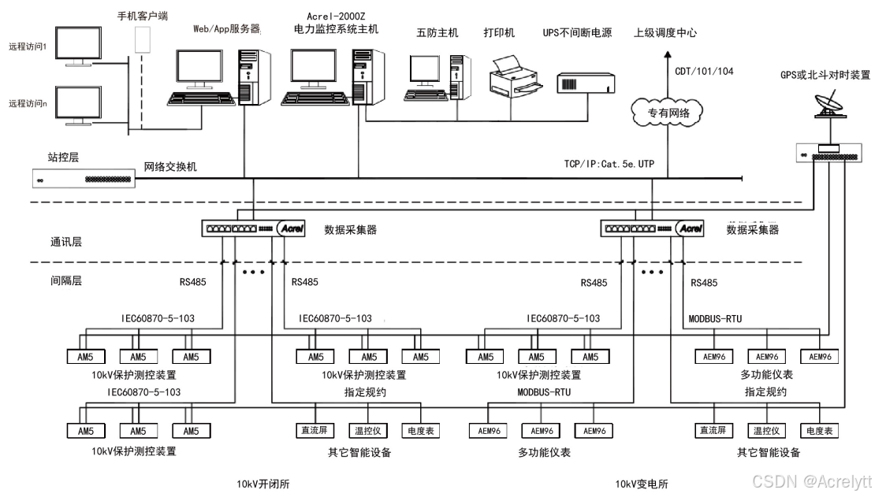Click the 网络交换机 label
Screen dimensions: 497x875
170,167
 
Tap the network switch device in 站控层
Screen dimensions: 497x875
83,179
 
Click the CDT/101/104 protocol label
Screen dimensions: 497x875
704,72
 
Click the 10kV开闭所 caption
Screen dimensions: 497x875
263,484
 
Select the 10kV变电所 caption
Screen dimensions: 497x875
641,484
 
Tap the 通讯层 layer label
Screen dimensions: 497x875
66,243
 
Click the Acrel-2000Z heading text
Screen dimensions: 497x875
341,16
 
